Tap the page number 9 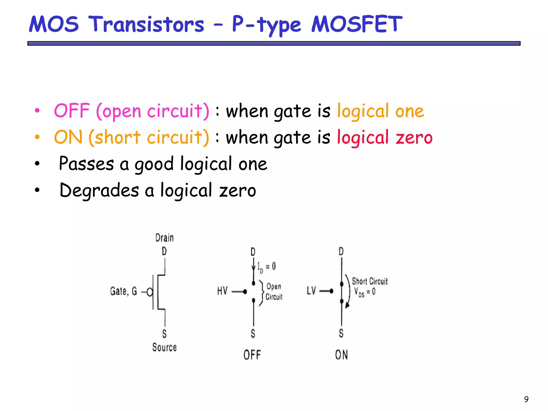526,399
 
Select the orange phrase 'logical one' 380,111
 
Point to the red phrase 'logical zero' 385,137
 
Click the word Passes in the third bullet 86,163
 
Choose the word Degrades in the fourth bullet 99,190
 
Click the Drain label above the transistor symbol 165,238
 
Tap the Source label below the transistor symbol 165,347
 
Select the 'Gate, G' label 123,291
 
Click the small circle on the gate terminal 150,292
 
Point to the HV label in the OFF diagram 222,291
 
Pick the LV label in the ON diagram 311,291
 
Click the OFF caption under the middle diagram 252,355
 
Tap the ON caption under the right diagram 341,355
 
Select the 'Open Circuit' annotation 274,292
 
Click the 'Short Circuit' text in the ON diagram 370,281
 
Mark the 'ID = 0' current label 267,267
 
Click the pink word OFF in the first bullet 72,111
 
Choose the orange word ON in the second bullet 68,137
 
